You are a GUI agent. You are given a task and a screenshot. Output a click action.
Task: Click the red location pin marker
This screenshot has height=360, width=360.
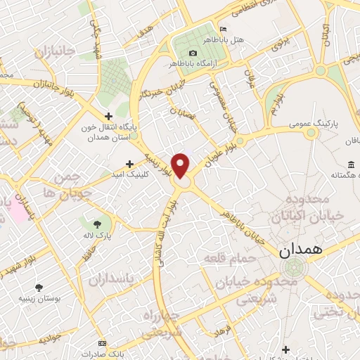[x=181, y=166]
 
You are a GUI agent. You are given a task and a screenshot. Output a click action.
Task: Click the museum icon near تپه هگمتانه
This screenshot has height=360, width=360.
[x=352, y=165]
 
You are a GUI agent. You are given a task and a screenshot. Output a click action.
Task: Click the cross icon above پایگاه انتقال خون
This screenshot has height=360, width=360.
[x=108, y=116]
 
